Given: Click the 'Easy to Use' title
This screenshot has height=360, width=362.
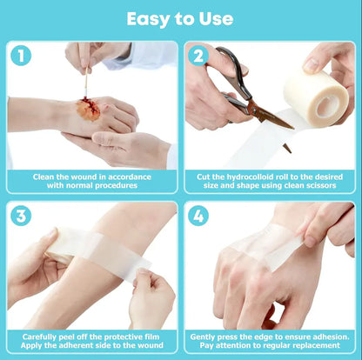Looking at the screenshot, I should click(180, 18).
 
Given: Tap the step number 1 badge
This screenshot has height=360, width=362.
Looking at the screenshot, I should click(21, 55).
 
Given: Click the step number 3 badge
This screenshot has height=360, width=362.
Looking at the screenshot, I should click(21, 216).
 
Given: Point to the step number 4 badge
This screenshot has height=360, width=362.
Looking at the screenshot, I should click(198, 216).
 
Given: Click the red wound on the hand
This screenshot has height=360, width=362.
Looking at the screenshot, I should click(89, 110).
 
